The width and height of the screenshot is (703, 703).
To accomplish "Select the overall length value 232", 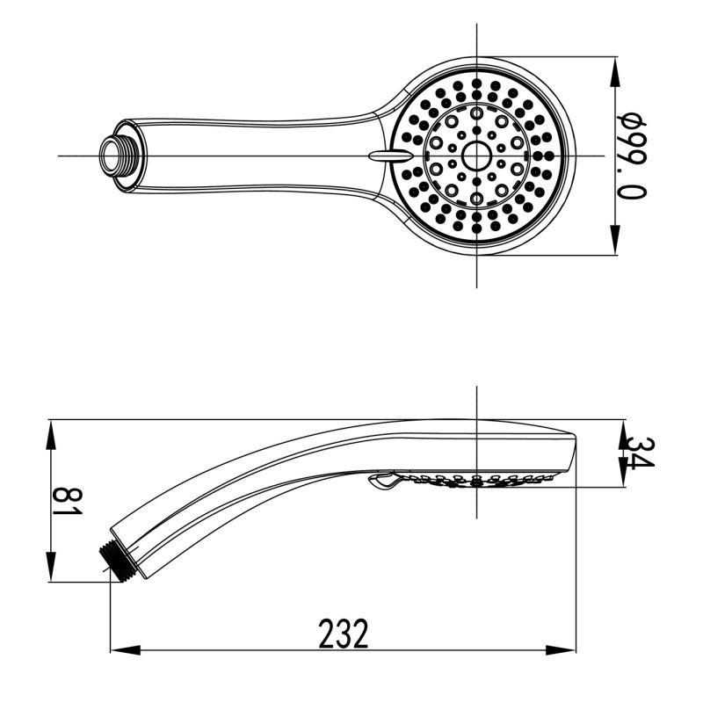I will pos(343,633).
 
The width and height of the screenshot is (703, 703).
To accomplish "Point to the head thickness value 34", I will pos(634,453).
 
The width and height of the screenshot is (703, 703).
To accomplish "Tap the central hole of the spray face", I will pos(475,156).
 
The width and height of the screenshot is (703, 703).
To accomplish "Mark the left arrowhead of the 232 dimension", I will pos(123,651).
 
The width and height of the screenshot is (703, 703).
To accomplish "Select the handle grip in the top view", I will pos(255,155).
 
